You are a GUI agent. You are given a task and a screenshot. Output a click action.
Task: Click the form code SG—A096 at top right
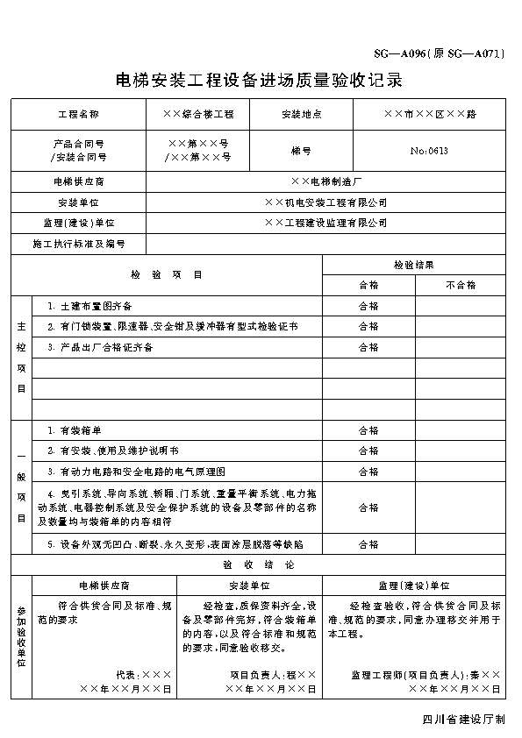pos(436,53)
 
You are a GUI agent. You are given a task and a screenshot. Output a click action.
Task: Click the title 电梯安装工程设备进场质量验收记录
pos(260,82)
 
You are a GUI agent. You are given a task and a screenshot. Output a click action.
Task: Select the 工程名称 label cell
pos(78,114)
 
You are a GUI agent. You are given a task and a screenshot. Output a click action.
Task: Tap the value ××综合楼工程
pos(198,114)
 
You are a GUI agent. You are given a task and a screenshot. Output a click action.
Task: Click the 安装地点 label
pos(301,114)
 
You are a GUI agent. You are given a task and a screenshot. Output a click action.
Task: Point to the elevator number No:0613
pos(429,151)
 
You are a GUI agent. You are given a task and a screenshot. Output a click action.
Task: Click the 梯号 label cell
pos(301,151)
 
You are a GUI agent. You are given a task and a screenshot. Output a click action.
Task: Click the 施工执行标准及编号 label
pos(78,244)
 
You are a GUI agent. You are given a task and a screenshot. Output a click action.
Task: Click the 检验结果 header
pos(413,264)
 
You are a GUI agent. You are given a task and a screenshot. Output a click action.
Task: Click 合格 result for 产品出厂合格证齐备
pos(368,347)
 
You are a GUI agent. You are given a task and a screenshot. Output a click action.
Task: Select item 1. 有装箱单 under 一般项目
pos(75,430)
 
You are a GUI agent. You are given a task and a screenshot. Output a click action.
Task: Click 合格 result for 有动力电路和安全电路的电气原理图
pos(368,472)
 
